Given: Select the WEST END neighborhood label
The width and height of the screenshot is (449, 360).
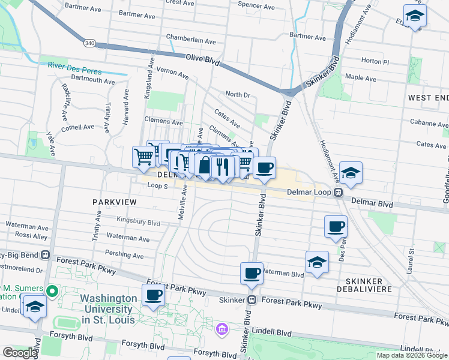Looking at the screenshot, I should [x=427, y=97].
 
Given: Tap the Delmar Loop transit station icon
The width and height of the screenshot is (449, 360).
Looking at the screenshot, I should [x=338, y=193].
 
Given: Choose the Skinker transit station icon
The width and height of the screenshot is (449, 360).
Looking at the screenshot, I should [x=252, y=299].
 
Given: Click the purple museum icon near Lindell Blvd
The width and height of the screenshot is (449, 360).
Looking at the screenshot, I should [x=222, y=329].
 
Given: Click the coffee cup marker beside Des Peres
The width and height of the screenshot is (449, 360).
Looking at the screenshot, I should [x=336, y=226].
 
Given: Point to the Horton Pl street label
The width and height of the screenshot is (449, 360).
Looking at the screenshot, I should [x=376, y=62].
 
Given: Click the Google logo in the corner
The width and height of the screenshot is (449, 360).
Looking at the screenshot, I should [x=19, y=352].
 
